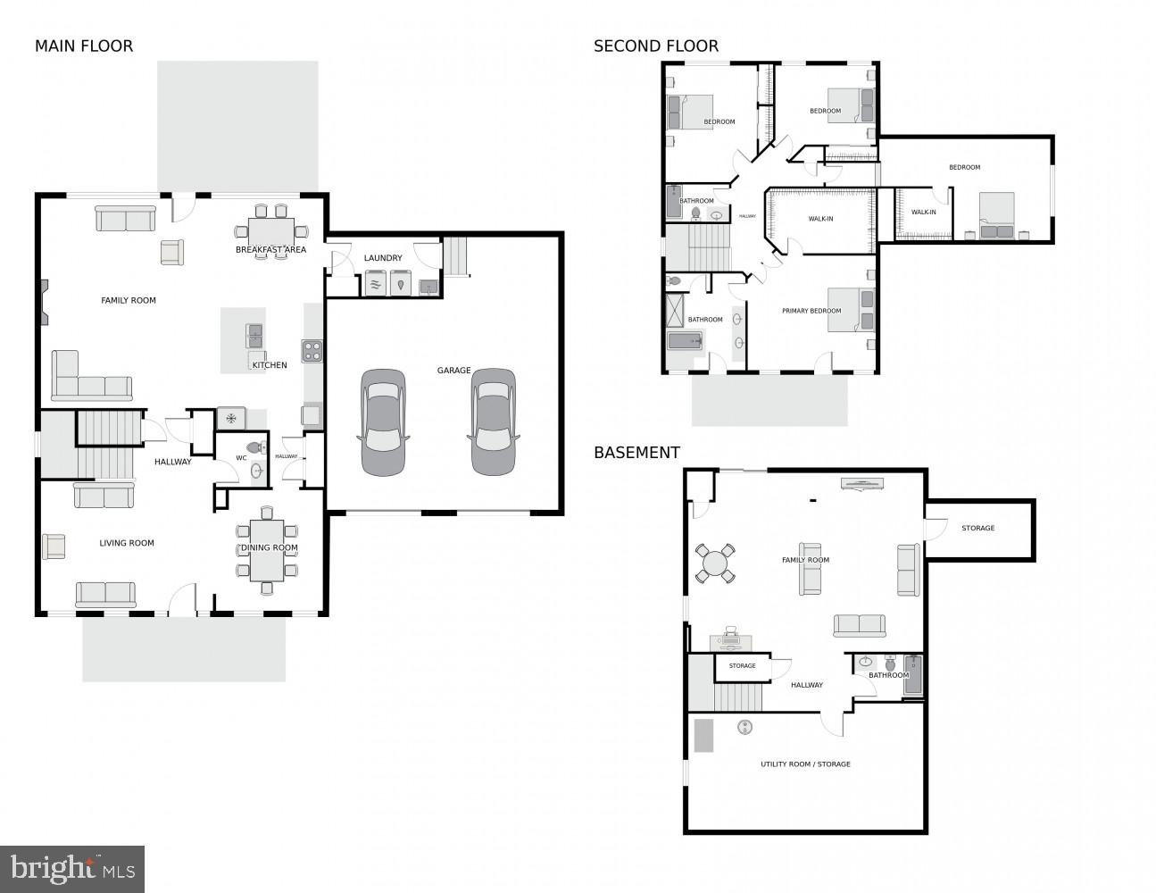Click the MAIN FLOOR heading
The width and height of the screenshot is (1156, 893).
point(84,46)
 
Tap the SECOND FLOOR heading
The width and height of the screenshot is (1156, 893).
point(656,46)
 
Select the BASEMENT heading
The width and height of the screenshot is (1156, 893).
point(636,453)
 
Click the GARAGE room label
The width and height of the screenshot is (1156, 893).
point(453,371)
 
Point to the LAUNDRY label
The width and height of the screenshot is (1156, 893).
point(383,258)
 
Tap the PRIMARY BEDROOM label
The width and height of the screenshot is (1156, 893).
point(811,311)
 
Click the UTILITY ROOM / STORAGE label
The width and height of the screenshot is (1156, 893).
point(805,764)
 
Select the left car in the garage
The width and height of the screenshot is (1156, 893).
point(383,422)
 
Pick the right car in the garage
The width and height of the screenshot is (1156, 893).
point(493,421)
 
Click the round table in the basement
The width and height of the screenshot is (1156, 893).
point(715,563)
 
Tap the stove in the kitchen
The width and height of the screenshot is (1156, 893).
point(312,351)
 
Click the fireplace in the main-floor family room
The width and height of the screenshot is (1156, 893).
point(44,302)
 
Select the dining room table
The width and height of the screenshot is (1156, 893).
point(267,551)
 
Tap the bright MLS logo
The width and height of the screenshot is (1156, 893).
point(72,869)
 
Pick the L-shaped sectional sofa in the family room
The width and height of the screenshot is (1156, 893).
point(91,376)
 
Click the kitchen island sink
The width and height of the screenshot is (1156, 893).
point(254,336)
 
